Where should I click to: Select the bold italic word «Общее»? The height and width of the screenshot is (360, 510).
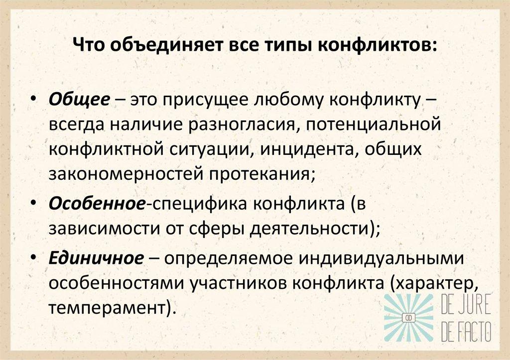(x=80, y=99)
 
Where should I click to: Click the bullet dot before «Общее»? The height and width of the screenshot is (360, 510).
(x=33, y=99)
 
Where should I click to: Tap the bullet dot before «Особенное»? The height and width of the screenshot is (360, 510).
(x=33, y=204)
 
